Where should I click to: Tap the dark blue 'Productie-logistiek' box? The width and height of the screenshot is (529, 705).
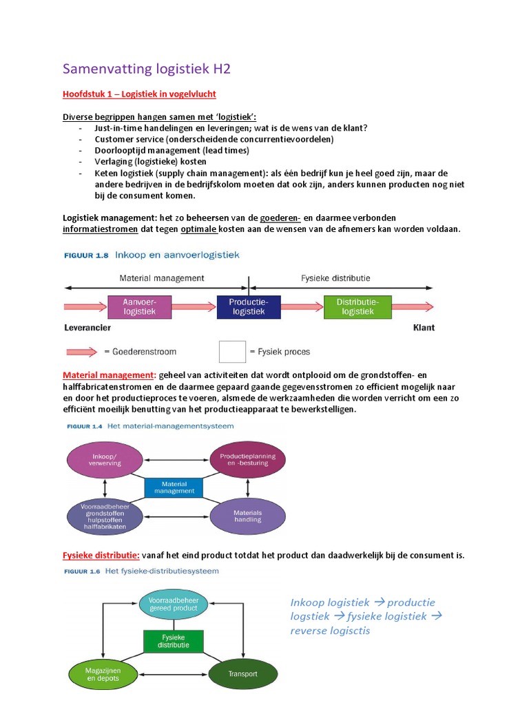(x=249, y=306)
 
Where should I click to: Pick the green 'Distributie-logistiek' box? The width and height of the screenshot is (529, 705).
(x=355, y=306)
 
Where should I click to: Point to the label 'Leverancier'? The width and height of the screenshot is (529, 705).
(x=87, y=328)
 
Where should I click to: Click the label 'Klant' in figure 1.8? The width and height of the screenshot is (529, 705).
(x=424, y=328)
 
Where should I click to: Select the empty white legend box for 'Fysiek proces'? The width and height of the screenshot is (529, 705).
(x=232, y=351)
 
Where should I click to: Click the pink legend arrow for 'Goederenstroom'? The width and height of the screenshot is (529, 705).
(x=82, y=351)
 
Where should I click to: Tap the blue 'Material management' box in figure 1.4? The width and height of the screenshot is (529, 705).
(x=174, y=487)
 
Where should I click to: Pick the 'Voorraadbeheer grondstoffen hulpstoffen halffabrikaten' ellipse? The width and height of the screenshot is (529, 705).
(x=104, y=516)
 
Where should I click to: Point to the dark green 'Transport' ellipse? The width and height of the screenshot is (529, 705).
(x=243, y=674)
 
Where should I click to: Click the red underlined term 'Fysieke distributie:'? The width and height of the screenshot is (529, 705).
(x=101, y=555)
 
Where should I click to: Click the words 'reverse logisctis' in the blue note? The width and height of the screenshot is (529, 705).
(x=330, y=630)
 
